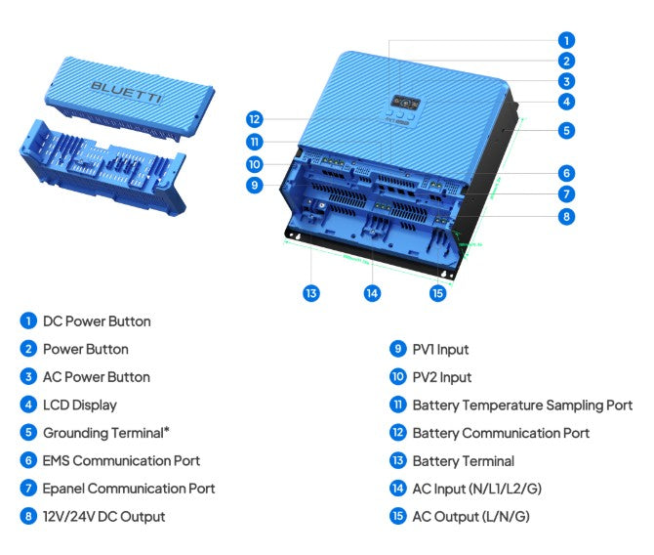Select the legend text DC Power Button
(97, 321)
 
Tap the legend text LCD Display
(79, 405)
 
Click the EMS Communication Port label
(121, 460)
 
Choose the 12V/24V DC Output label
(103, 516)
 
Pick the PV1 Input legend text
(440, 349)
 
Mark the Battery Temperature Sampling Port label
(522, 405)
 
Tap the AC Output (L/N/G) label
(470, 516)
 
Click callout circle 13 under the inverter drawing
(311, 292)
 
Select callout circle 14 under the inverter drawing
(372, 292)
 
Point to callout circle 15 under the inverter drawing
(438, 292)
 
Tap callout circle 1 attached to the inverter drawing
(566, 40)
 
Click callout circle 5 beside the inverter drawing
(566, 129)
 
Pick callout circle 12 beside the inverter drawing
(255, 119)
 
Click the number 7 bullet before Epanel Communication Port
(27, 489)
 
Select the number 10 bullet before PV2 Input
(397, 377)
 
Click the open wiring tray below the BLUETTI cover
(102, 171)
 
